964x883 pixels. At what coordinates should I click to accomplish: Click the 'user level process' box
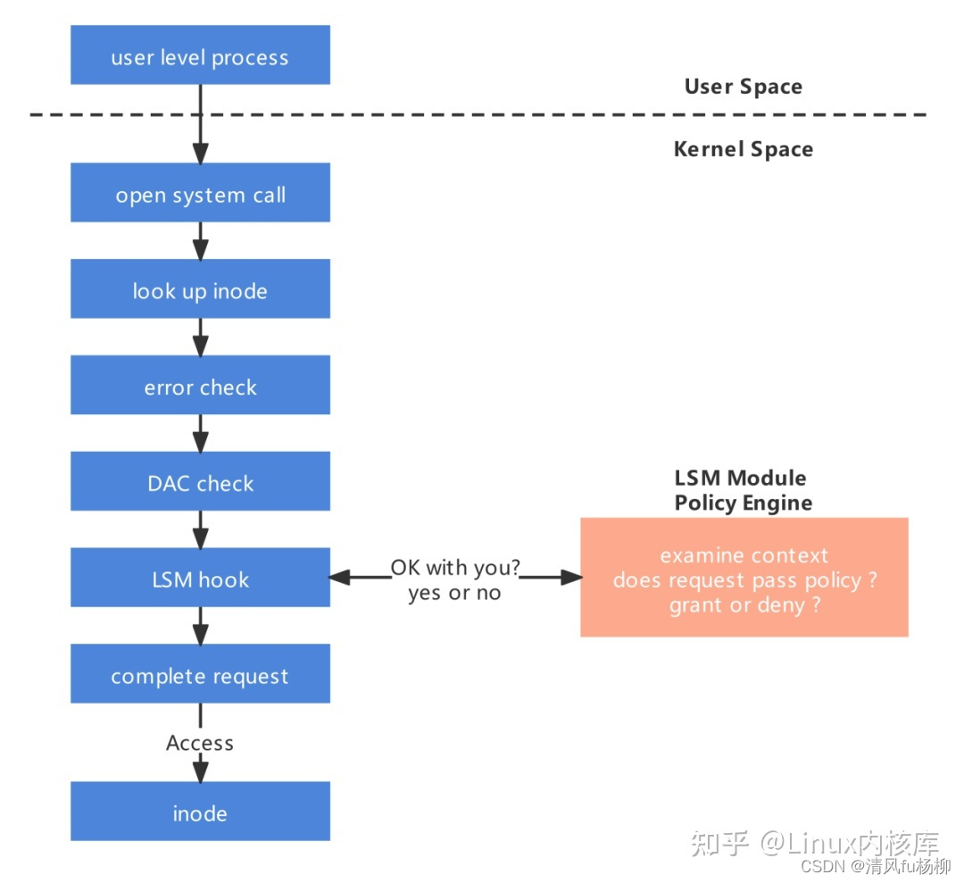(200, 55)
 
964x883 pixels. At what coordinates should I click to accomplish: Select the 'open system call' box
(200, 193)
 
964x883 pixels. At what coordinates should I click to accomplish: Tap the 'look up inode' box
(200, 289)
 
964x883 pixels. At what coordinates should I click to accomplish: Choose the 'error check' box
(200, 386)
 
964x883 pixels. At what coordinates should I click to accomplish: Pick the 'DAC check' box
(200, 482)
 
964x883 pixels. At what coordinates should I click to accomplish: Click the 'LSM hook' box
(200, 579)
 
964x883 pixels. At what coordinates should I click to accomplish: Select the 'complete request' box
(200, 674)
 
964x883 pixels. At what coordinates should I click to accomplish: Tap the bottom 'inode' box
(200, 812)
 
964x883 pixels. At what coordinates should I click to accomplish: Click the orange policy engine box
(744, 577)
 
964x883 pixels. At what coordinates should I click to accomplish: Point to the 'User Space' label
(743, 87)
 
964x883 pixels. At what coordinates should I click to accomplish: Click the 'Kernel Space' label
(743, 149)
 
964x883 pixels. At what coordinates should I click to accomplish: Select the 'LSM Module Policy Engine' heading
(743, 490)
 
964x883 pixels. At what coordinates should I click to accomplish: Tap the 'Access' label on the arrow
(200, 743)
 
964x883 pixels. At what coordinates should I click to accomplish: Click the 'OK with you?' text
(455, 568)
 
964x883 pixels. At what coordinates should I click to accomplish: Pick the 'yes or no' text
(454, 593)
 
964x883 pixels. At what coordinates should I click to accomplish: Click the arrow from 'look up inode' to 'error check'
(200, 337)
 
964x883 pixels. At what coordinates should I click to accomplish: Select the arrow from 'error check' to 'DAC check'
(200, 434)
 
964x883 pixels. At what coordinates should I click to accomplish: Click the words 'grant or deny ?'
(744, 605)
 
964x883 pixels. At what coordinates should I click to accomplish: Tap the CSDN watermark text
(875, 866)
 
